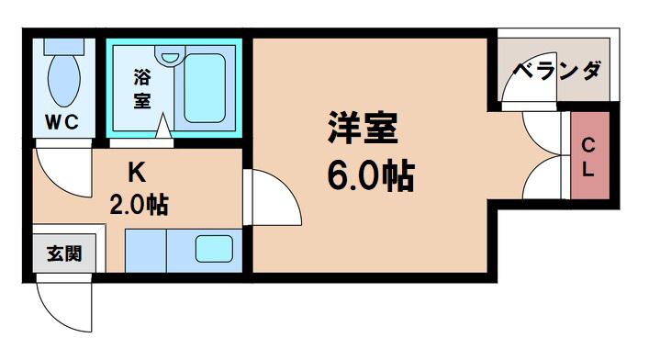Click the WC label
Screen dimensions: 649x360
click(62, 122)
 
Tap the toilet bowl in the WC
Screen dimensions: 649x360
click(63, 80)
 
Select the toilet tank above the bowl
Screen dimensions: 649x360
click(64, 47)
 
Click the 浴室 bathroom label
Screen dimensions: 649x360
click(142, 89)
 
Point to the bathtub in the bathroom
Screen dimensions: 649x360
click(205, 88)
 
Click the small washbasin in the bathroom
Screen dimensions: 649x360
click(169, 55)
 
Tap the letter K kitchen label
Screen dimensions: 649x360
click(137, 173)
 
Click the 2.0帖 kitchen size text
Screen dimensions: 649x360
click(140, 204)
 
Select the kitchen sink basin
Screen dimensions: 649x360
click(214, 249)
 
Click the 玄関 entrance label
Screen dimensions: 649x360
click(64, 253)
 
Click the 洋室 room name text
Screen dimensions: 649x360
click(363, 128)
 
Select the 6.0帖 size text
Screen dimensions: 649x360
click(371, 175)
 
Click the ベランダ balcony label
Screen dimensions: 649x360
click(556, 71)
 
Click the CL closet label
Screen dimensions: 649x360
click(588, 157)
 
